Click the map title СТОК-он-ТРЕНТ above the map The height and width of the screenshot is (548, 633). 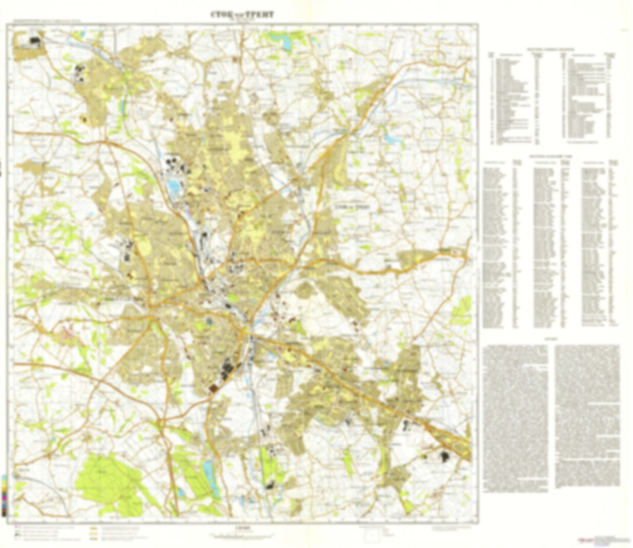tap(242, 14)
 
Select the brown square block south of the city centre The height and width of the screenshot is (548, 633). tap(213, 388)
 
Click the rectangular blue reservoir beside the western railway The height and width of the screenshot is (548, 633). tap(174, 187)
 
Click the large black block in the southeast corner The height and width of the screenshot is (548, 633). tap(445, 457)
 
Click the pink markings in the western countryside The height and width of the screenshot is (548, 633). tap(70, 334)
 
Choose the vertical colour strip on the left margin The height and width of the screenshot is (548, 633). tap(4, 495)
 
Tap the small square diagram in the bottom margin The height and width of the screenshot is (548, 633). tap(373, 535)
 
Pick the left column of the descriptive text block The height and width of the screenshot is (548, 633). tap(516, 416)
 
